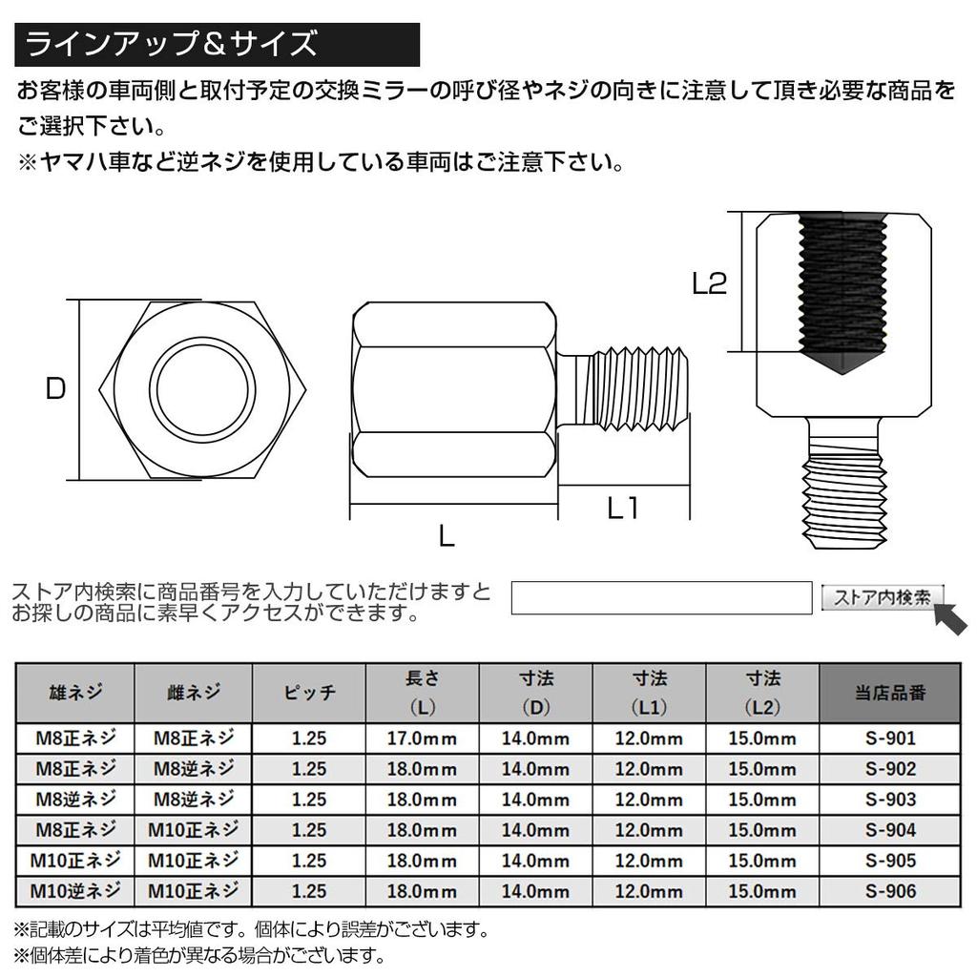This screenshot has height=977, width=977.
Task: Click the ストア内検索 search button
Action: coord(882,597)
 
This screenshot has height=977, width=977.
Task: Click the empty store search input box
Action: coord(661,597)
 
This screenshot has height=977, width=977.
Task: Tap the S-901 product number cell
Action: coord(890,738)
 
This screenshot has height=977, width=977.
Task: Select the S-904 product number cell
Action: coord(890,830)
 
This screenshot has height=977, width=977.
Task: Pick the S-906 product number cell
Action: coord(890,891)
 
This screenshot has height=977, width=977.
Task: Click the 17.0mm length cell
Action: coord(422,738)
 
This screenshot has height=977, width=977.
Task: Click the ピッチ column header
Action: coord(309,694)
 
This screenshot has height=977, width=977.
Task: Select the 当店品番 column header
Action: coord(890,694)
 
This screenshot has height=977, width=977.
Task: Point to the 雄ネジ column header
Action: coord(75,694)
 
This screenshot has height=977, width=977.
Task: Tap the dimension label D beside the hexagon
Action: coord(56,389)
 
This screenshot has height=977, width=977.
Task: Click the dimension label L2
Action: coord(710,283)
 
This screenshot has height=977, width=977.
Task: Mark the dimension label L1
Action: coord(623,509)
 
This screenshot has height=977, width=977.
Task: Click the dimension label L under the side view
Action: coord(447,537)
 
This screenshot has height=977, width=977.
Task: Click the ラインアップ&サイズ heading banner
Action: coord(218,44)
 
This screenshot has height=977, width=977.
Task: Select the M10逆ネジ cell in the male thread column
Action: coord(75,891)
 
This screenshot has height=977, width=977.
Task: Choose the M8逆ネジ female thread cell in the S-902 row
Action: coord(193,769)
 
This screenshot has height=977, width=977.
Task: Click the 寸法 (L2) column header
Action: coord(762,694)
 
